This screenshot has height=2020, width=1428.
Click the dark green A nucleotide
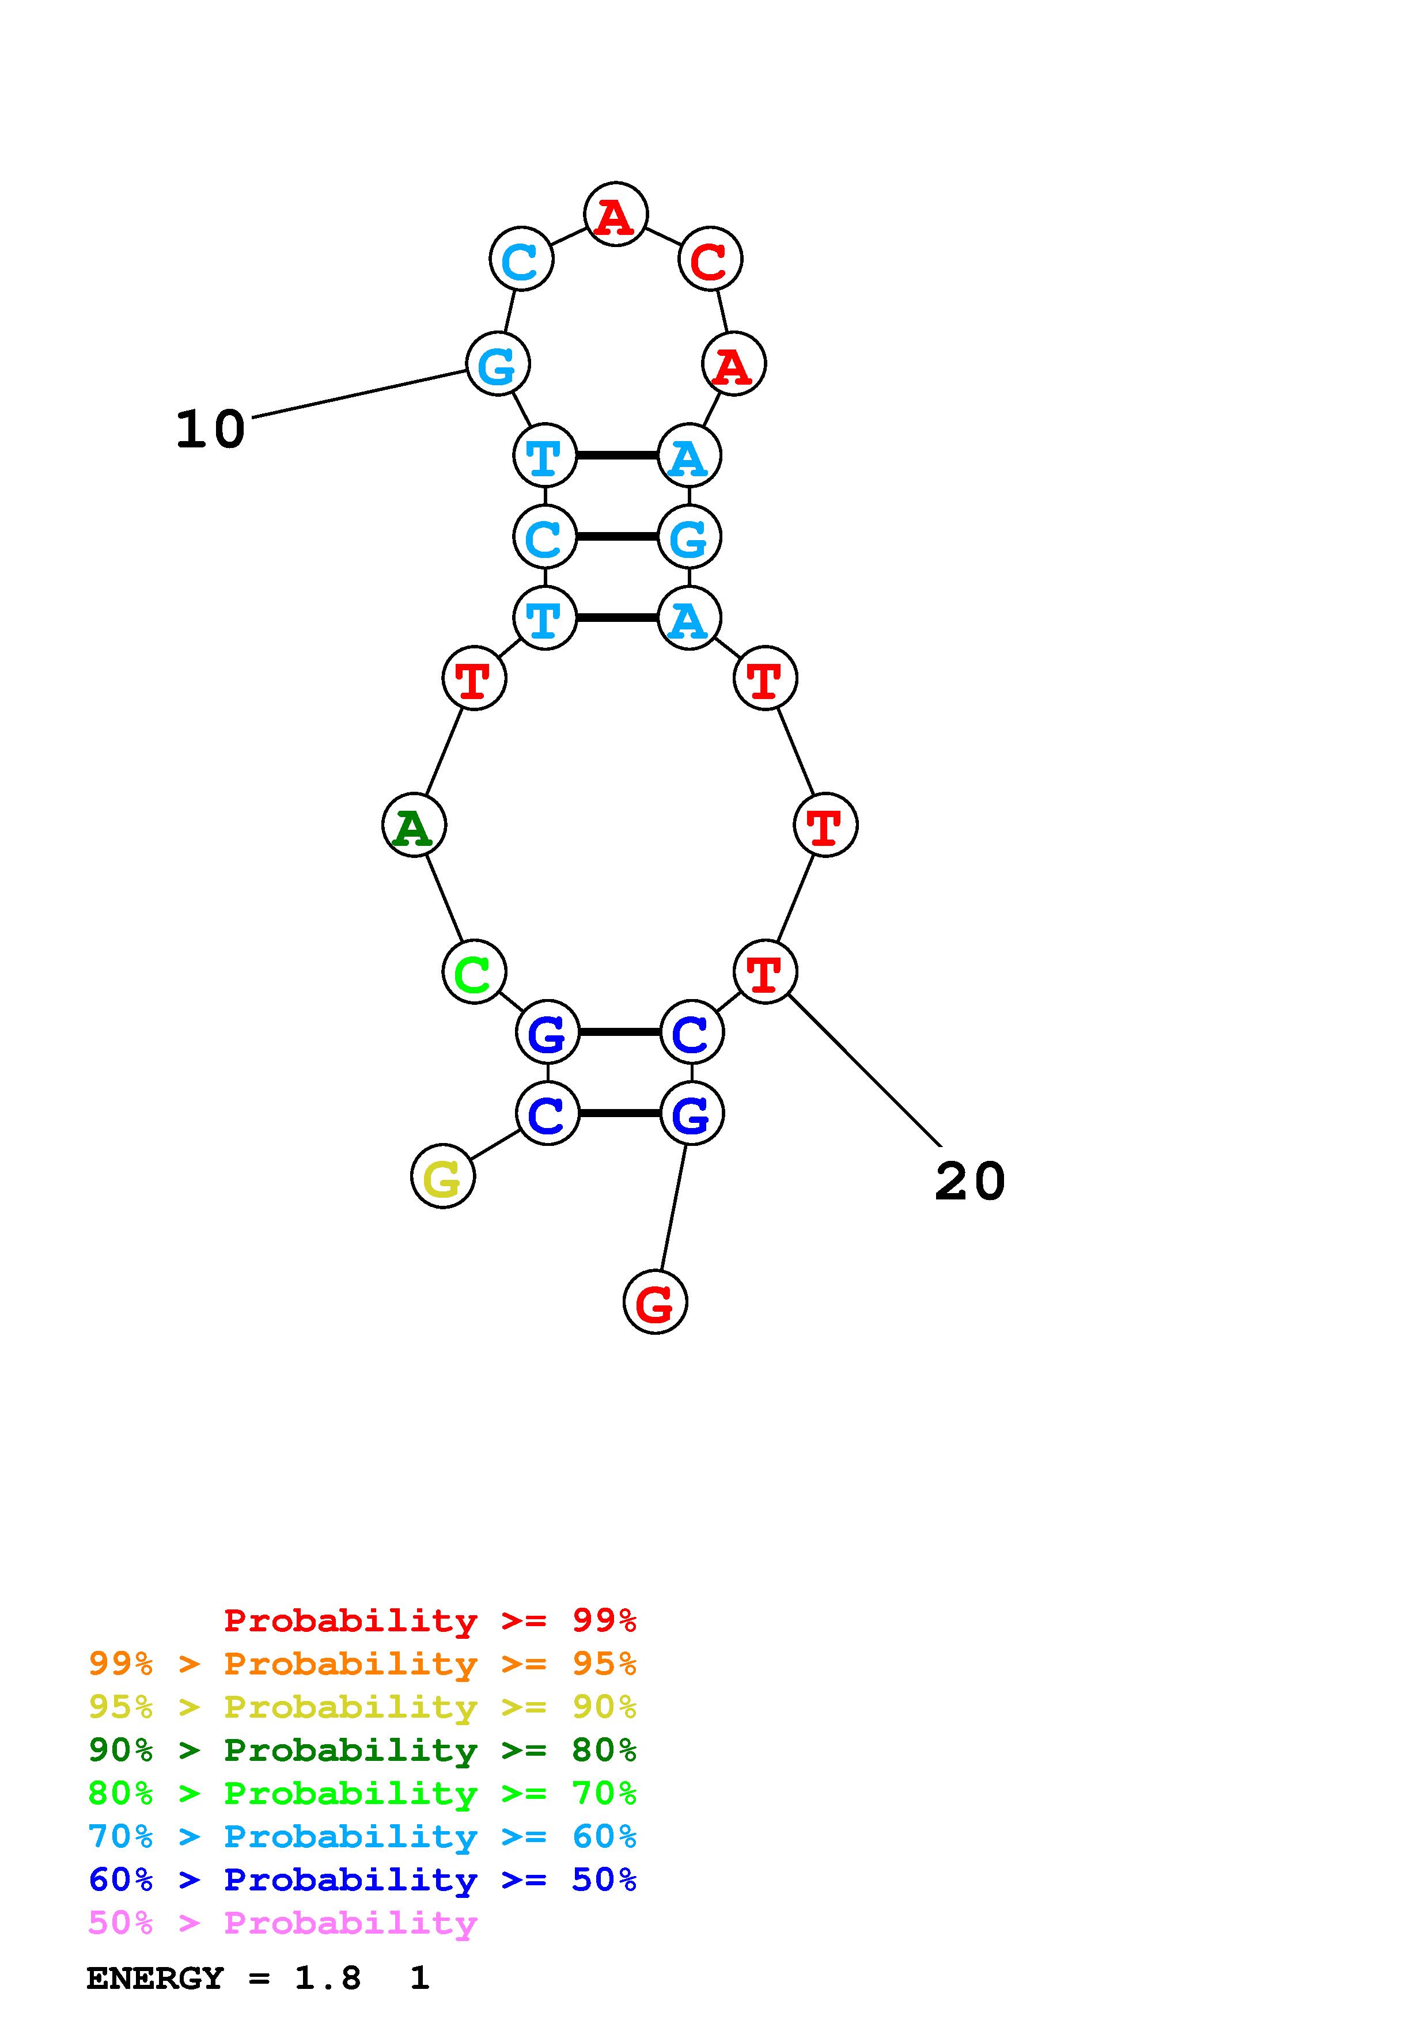pyautogui.click(x=414, y=825)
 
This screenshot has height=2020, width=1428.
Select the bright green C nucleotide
pyautogui.click(x=474, y=971)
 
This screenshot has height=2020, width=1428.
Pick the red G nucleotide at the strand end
pyautogui.click(x=654, y=1301)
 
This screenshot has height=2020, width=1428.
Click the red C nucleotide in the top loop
pyautogui.click(x=710, y=259)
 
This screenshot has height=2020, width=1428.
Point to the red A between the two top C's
pyautogui.click(x=615, y=214)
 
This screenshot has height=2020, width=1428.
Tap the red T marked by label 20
pyautogui.click(x=764, y=971)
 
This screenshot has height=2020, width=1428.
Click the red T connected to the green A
pyautogui.click(x=474, y=678)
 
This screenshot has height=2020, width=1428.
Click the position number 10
pyautogui.click(x=210, y=430)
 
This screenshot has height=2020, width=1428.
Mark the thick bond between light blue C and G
pyautogui.click(x=617, y=536)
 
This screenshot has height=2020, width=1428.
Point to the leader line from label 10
pyautogui.click(x=359, y=393)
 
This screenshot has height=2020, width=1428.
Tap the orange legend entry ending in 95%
pyautogui.click(x=362, y=1663)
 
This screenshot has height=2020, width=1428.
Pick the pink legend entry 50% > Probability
pyautogui.click(x=282, y=1922)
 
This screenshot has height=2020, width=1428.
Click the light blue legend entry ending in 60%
pyautogui.click(x=362, y=1836)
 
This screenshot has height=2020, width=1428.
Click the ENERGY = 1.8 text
pyautogui.click(x=224, y=1978)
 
